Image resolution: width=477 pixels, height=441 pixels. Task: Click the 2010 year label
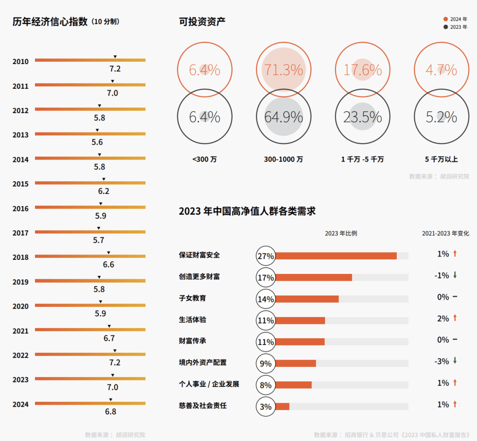pos(20,62)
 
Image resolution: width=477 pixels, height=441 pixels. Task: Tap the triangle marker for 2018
pos(109,253)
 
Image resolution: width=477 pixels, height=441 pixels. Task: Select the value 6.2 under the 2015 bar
pos(104,191)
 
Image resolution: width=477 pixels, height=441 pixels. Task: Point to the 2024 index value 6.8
pos(110,411)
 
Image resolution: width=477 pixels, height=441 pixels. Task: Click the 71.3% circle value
pos(284,70)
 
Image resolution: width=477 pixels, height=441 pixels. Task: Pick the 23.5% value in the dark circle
pos(363,117)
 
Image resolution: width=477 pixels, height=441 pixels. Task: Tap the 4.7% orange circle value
pos(441,70)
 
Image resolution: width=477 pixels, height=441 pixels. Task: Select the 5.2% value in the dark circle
pos(441,117)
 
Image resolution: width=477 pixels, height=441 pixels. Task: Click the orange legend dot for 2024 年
pos(446,19)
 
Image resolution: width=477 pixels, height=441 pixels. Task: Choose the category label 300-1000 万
pos(284,160)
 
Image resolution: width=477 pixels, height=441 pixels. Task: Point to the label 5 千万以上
pos(441,160)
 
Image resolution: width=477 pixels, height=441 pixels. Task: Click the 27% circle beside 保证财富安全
pos(265,256)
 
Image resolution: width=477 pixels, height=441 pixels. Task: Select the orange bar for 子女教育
pos(307,299)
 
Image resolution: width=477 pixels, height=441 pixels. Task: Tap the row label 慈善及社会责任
pos(203,405)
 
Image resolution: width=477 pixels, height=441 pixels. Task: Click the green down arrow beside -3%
pos(455,361)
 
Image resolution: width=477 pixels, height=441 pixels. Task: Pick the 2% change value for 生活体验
pos(443,319)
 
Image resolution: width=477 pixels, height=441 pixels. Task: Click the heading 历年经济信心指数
pos(50,22)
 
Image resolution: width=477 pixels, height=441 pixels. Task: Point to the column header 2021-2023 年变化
pos(446,233)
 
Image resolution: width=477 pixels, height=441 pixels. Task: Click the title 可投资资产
pos(202,21)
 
